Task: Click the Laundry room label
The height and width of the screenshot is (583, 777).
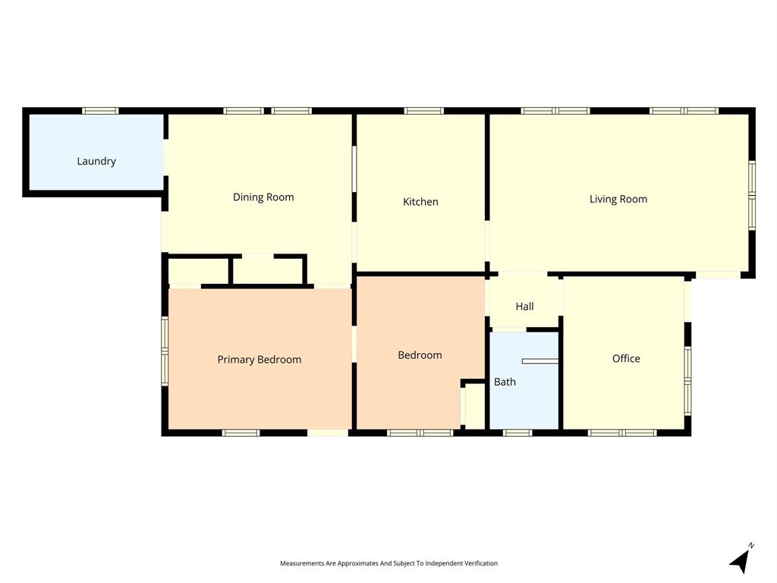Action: click(x=96, y=161)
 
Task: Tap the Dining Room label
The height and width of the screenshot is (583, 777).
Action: click(x=263, y=197)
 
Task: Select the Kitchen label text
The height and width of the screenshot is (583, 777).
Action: click(x=420, y=202)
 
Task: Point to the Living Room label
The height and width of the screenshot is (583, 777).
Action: click(x=618, y=199)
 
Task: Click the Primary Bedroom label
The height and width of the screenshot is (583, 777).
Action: click(x=260, y=360)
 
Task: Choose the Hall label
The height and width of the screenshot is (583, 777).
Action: click(x=524, y=307)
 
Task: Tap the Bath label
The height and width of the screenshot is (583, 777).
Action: click(x=505, y=382)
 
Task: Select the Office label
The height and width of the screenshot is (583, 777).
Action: click(x=626, y=358)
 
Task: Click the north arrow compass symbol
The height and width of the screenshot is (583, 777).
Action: click(x=741, y=559)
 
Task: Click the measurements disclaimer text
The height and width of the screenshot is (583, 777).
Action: click(x=388, y=563)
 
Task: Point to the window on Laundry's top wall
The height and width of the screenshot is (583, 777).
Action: click(x=100, y=111)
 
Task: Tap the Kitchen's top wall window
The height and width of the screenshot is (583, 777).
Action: click(x=423, y=111)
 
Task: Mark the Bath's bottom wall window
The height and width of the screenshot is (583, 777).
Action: click(x=517, y=433)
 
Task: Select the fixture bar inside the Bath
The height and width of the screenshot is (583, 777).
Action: click(x=539, y=361)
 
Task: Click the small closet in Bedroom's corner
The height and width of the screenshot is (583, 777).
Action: click(x=474, y=408)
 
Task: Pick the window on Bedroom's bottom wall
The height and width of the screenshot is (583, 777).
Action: click(x=420, y=433)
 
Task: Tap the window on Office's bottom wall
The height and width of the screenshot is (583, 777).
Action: click(x=622, y=433)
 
